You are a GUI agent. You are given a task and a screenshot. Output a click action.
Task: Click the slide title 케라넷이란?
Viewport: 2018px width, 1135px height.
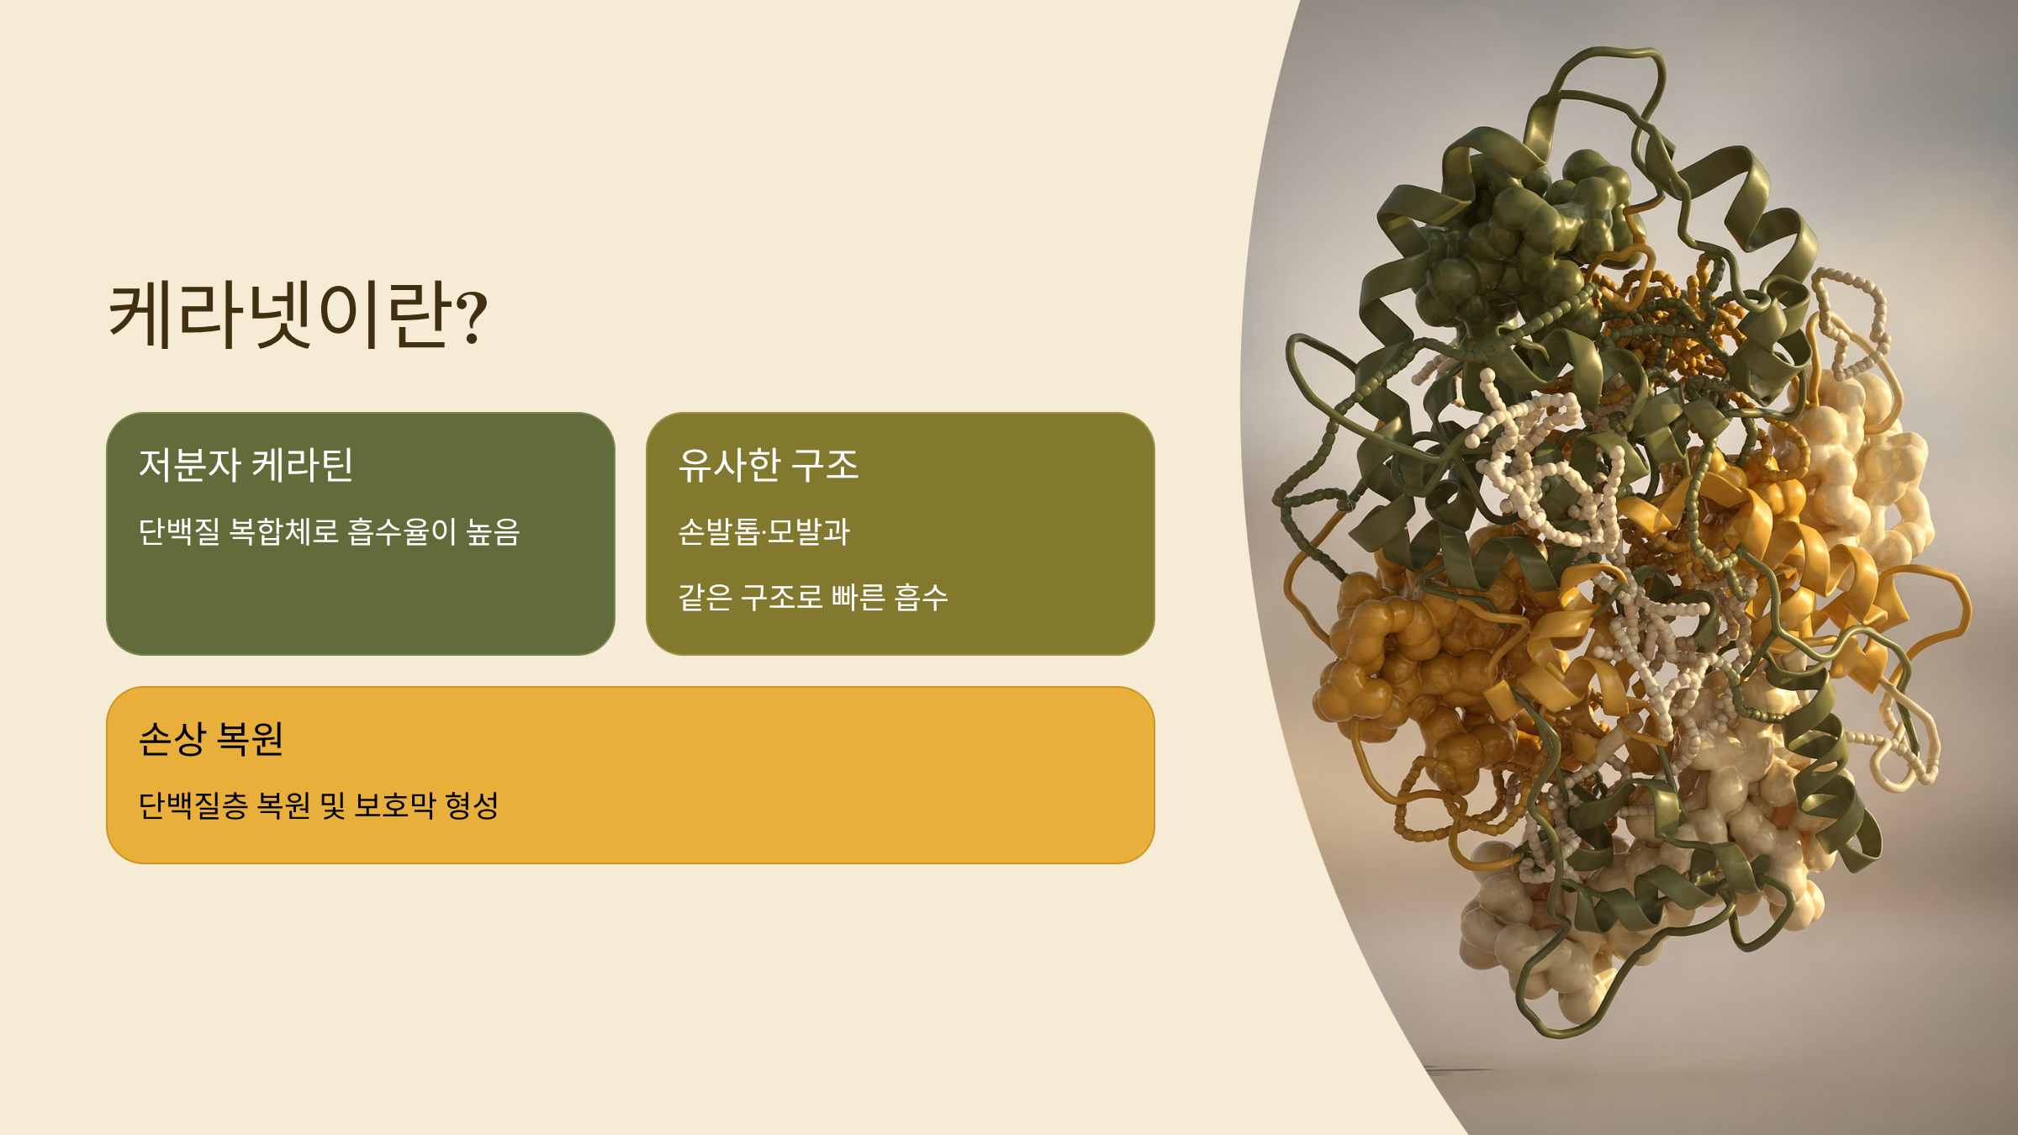[x=298, y=314]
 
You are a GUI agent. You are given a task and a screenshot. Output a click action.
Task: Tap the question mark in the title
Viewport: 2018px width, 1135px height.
[x=473, y=318]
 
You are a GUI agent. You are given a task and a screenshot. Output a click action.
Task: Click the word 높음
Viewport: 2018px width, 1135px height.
[x=494, y=531]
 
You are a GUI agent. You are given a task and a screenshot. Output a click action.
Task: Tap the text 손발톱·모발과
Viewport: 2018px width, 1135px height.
[x=764, y=531]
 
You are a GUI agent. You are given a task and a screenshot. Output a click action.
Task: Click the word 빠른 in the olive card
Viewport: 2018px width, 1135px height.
[x=858, y=598]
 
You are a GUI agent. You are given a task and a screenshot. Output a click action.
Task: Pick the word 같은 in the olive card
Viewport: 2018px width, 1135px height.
[x=705, y=598]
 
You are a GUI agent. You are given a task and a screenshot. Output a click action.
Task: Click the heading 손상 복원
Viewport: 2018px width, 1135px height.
[x=211, y=739]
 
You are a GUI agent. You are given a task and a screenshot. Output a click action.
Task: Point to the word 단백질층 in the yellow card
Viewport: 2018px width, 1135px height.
[x=193, y=805]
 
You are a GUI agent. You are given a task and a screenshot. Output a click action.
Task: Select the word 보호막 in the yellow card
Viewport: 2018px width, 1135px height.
[x=395, y=805]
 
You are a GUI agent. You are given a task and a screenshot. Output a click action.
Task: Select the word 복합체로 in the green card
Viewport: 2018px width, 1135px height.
[x=284, y=531]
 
